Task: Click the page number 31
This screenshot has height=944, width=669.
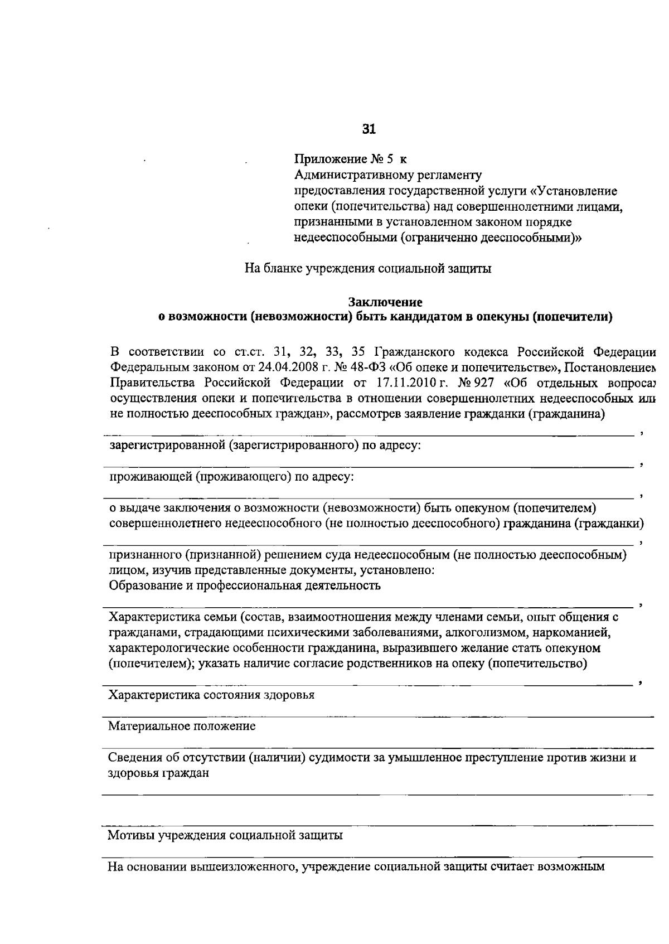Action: click(369, 129)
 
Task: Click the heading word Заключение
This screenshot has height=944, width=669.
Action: click(385, 302)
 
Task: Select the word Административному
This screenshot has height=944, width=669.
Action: click(348, 175)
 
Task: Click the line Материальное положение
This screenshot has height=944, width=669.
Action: click(182, 726)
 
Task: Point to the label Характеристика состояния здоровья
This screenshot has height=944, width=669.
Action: click(211, 695)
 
